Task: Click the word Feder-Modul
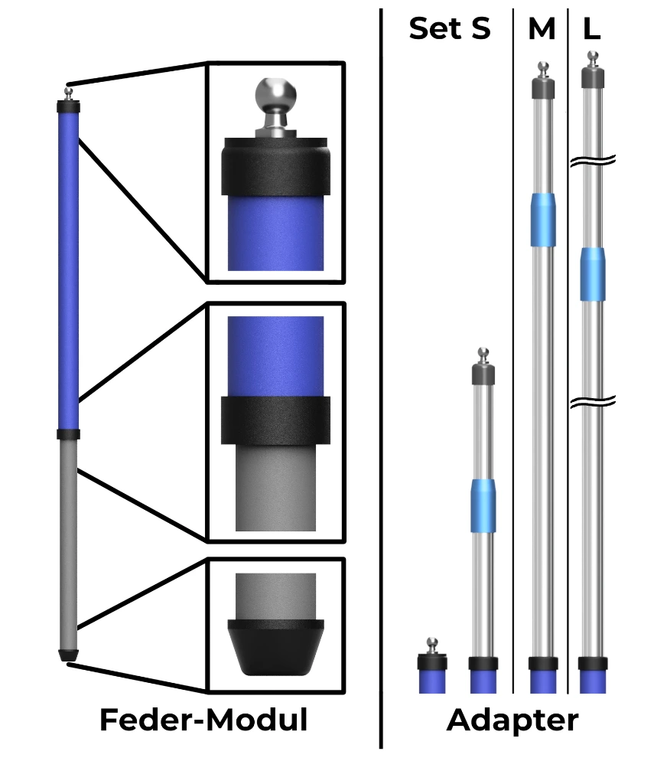pos(203,720)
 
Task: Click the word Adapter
pos(512,720)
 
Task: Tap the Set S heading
pos(449,29)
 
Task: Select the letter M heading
pos(542,29)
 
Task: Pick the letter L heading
pos(591,29)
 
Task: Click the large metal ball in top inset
pos(275,96)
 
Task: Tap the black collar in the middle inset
pos(275,420)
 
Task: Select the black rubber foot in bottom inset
pos(275,646)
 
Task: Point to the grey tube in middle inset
pos(275,490)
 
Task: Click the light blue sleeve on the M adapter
pos(542,220)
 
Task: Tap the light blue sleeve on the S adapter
pos(483,505)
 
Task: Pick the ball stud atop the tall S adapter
pos(483,354)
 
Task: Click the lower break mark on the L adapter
pos(592,400)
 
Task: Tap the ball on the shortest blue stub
pos(432,642)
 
